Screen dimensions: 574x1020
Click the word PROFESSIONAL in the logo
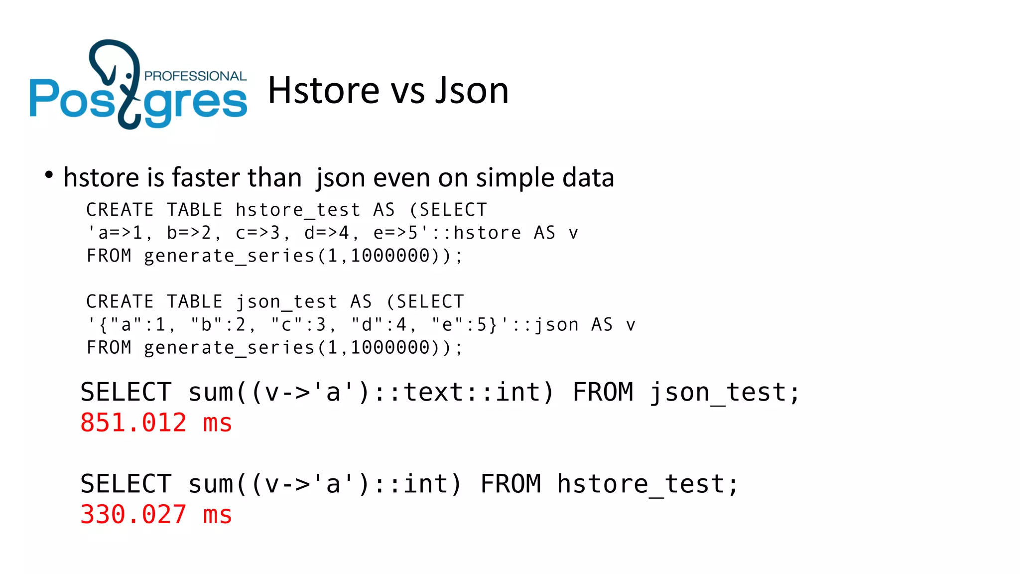click(195, 76)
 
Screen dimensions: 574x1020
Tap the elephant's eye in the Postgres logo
click(129, 76)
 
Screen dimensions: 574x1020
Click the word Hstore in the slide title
click(324, 91)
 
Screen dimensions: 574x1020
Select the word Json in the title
click(472, 91)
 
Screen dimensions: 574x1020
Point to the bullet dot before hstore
click(48, 174)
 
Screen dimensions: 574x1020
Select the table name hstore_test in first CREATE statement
click(298, 210)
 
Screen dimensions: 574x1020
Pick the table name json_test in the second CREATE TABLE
click(286, 302)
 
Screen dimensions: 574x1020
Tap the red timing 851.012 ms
click(156, 423)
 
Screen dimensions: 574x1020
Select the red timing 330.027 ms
click(156, 515)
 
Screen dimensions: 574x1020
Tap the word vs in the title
click(407, 92)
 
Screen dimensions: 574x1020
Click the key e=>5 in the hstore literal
click(395, 233)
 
